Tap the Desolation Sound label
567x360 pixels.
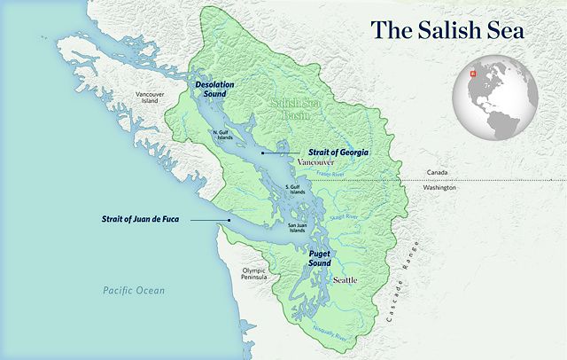pyautogui.click(x=214, y=89)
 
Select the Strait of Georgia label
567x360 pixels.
pyautogui.click(x=338, y=153)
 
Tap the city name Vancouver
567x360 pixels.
pyautogui.click(x=316, y=164)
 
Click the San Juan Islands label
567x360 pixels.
pyautogui.click(x=303, y=228)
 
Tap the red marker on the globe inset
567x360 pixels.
pyautogui.click(x=474, y=74)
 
